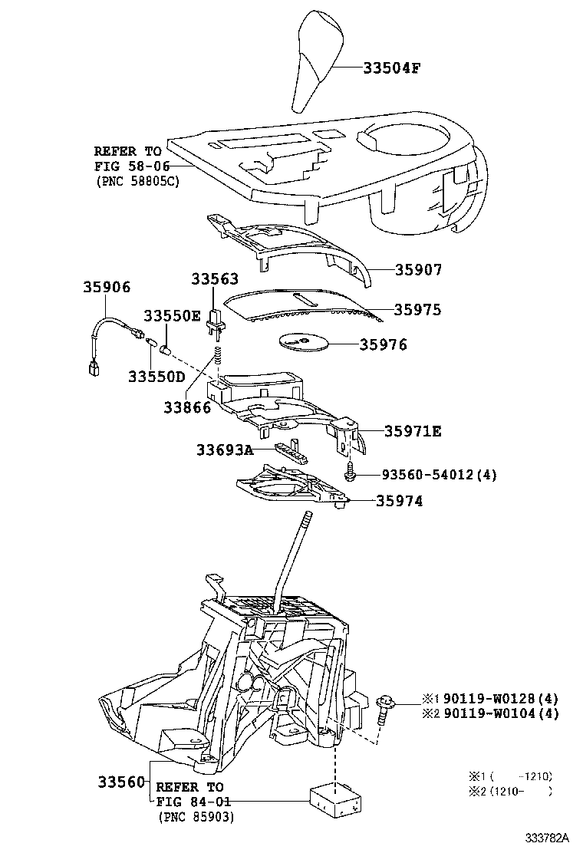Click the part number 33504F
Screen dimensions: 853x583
tap(391, 68)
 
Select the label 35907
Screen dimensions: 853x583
tap(418, 270)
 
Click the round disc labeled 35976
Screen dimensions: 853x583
tap(300, 342)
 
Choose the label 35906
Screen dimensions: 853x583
tap(107, 287)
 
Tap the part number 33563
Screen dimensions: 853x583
tap(214, 279)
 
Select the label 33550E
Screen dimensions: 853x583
tap(172, 316)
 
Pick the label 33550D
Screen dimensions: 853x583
tap(156, 376)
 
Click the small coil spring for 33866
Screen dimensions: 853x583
tap(217, 357)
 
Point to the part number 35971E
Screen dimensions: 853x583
tap(412, 432)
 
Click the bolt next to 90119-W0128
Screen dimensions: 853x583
tap(385, 706)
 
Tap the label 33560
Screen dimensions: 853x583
tap(121, 782)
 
